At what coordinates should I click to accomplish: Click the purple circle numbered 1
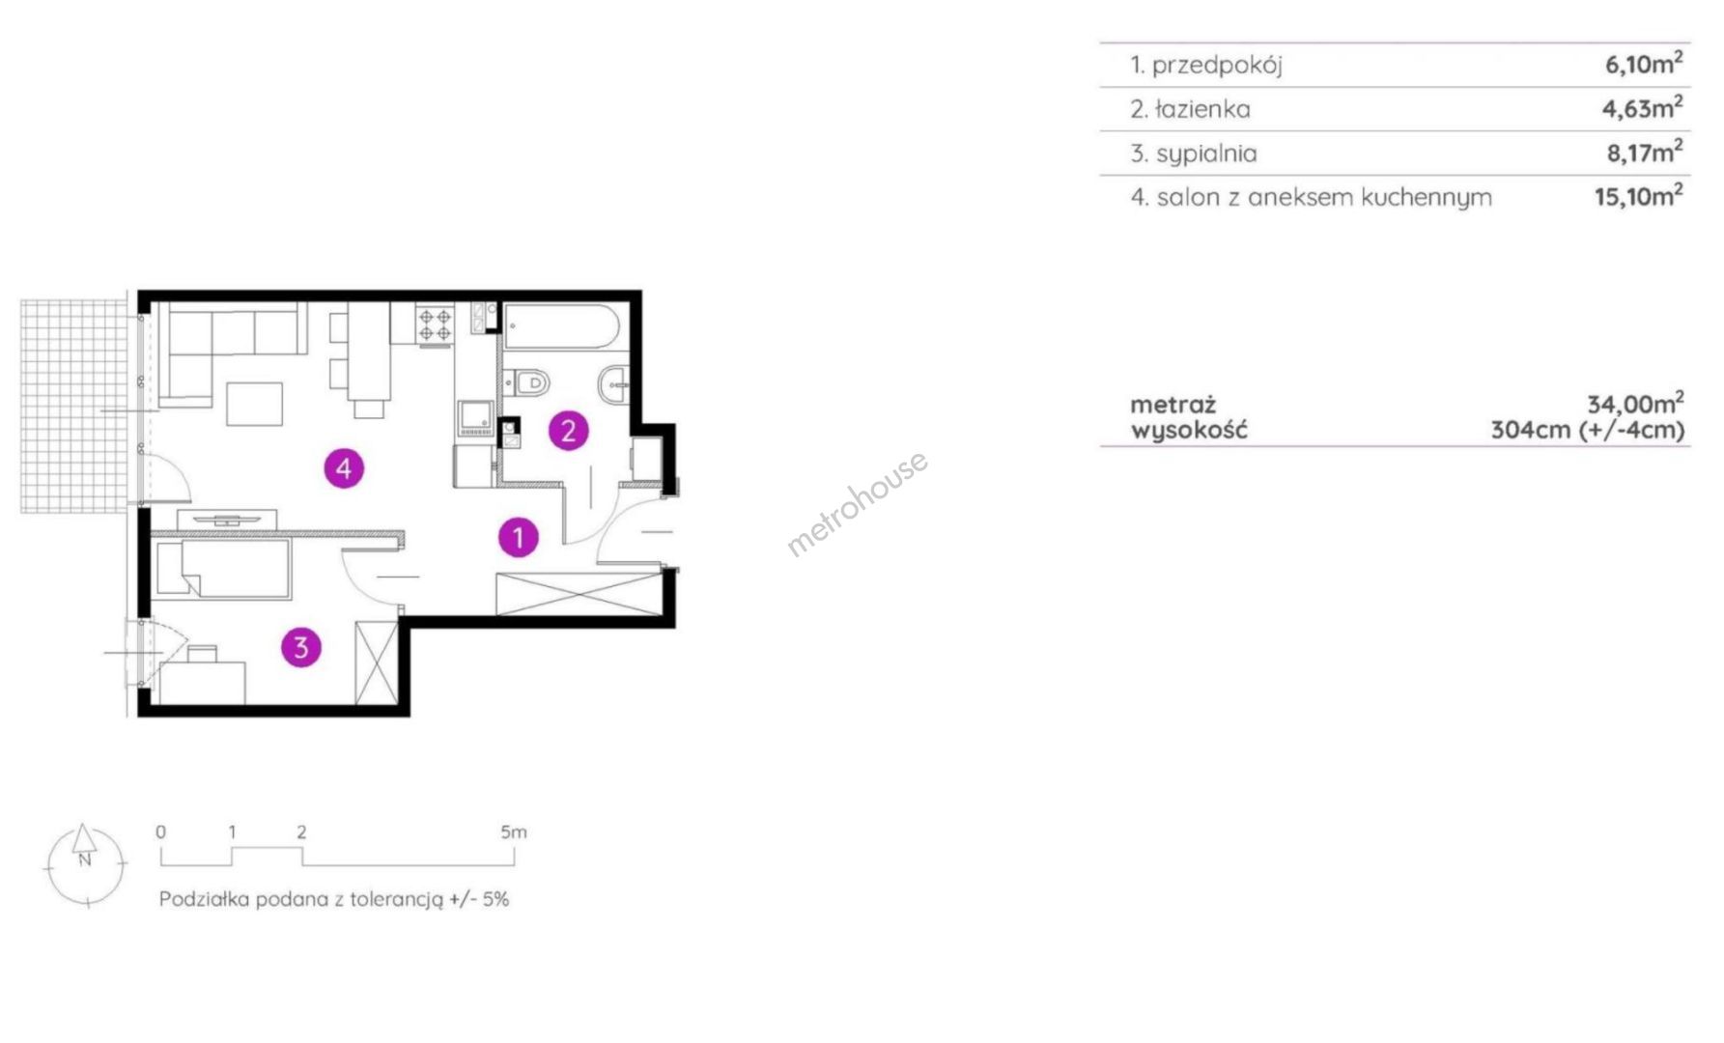[x=519, y=537]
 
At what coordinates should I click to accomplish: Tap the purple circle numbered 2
[x=568, y=431]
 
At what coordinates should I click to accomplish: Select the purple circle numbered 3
[x=301, y=647]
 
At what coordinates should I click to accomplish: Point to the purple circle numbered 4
[x=344, y=468]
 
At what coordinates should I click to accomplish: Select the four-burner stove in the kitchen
[x=435, y=324]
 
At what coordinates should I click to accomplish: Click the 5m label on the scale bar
[x=514, y=832]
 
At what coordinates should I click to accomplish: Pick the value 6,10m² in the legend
[x=1644, y=64]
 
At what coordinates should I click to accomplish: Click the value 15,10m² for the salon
[x=1639, y=196]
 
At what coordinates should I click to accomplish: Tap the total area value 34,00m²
[x=1636, y=403]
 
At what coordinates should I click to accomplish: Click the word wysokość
[x=1189, y=430]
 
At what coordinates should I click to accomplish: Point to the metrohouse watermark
[x=858, y=503]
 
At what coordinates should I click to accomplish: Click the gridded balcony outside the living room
[x=74, y=407]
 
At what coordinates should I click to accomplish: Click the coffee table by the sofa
[x=255, y=404]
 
